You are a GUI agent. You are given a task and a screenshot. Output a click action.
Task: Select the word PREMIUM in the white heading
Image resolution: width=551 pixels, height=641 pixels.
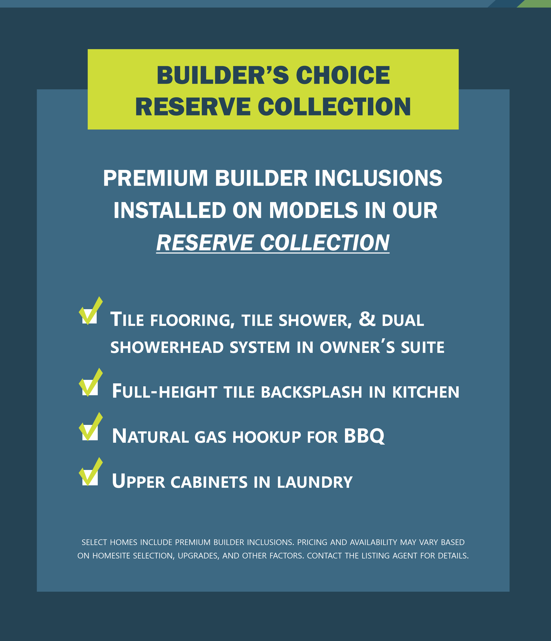155,178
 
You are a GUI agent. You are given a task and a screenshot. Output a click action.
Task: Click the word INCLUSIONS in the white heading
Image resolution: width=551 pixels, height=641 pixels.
378,178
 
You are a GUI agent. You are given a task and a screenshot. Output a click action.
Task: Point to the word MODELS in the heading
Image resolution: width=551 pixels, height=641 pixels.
313,210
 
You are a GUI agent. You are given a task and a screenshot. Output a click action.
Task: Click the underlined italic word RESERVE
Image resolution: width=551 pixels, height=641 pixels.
205,243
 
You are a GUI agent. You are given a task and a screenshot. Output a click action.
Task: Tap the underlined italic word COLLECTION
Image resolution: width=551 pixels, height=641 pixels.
325,243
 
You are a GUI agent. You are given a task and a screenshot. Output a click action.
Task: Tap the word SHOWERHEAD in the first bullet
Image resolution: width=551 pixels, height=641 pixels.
167,347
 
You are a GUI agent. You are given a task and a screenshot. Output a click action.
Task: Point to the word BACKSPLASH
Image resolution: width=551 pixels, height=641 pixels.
311,392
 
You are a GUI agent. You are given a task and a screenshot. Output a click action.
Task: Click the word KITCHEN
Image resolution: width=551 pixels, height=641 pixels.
426,392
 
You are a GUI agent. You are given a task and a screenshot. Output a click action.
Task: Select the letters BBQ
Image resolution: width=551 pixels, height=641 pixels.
364,436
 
